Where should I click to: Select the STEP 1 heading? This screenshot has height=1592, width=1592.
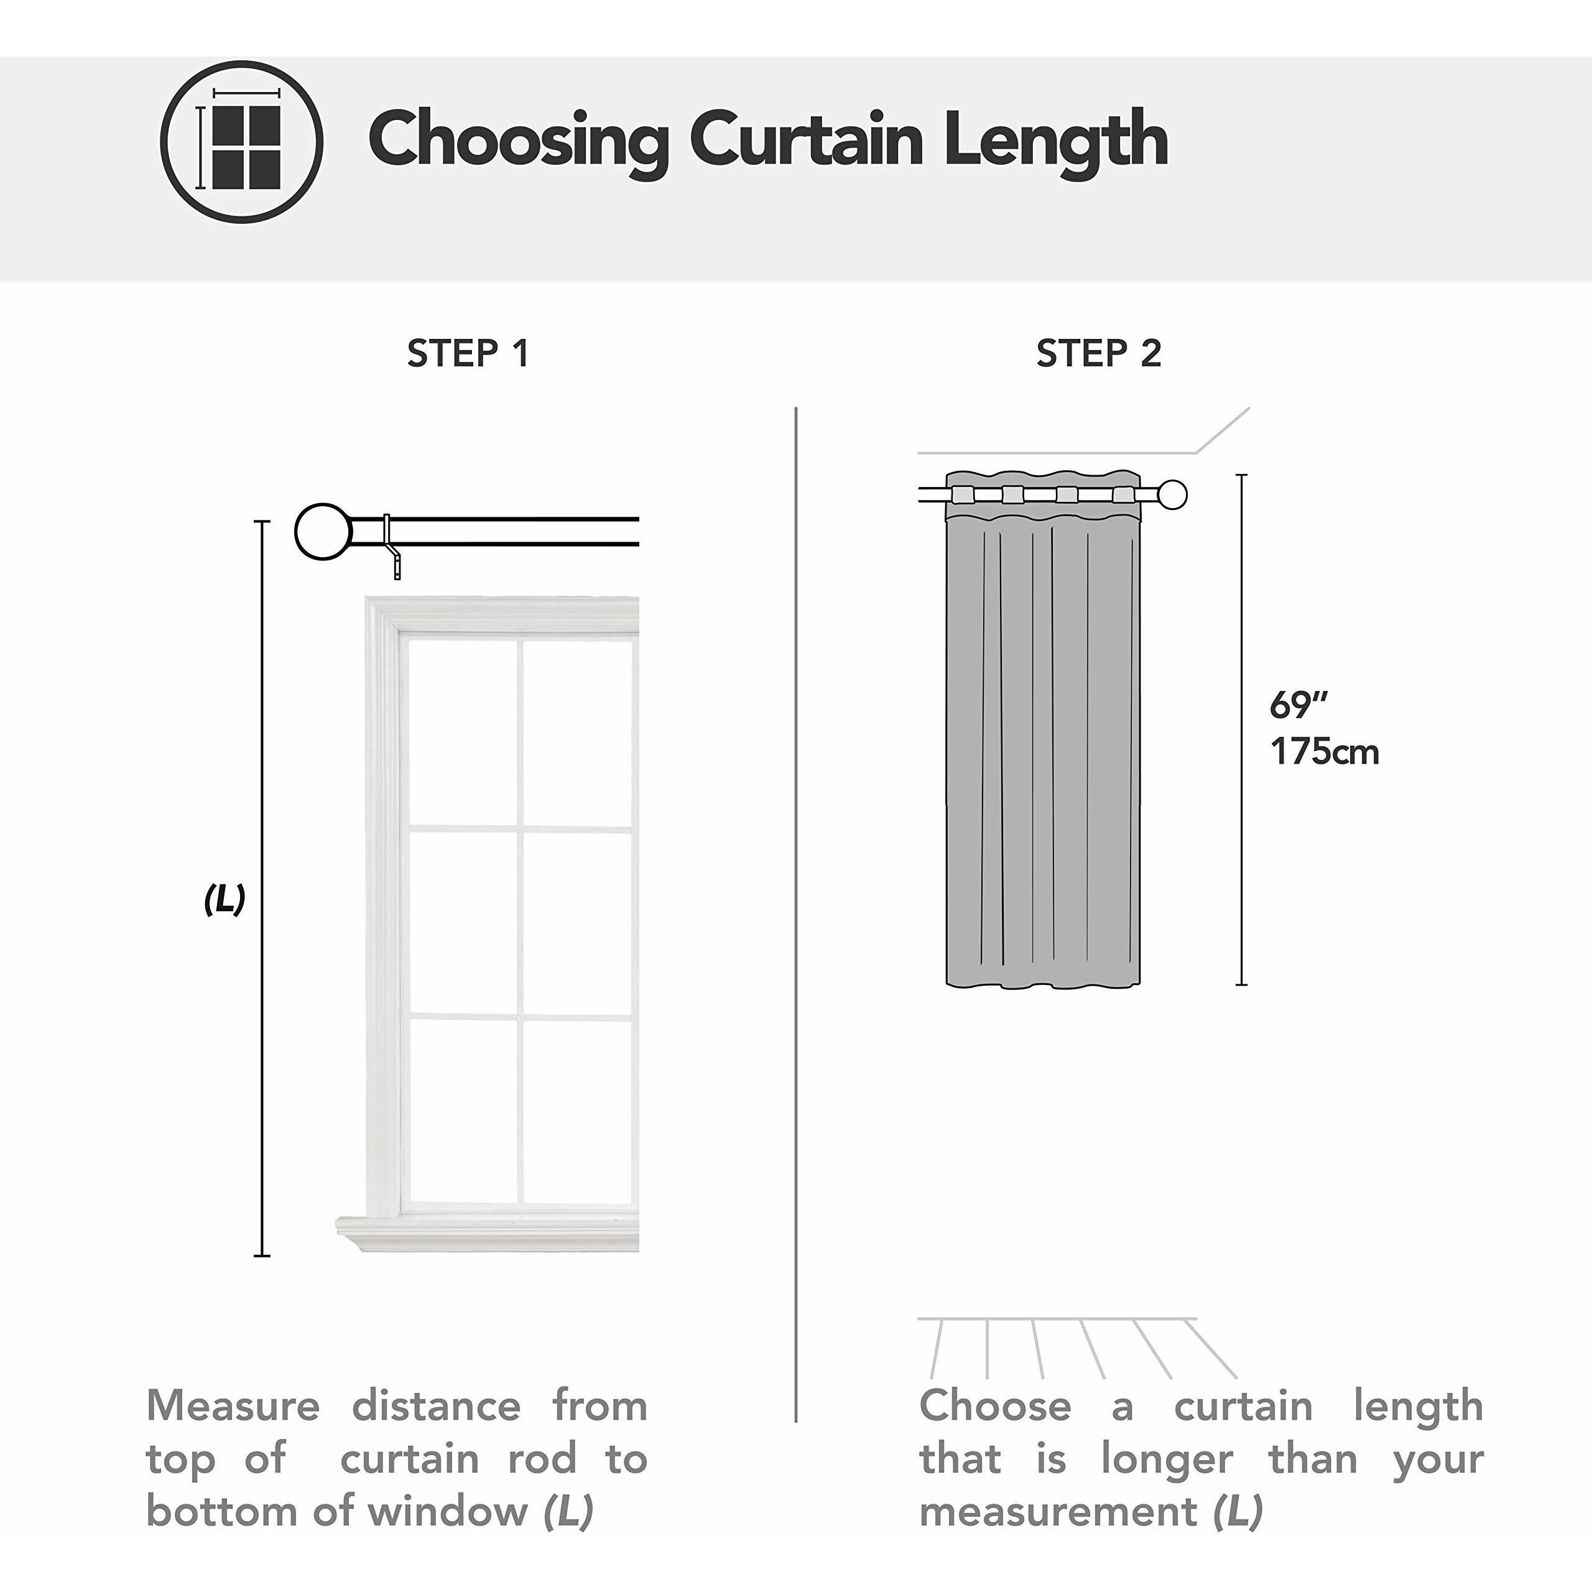tap(468, 353)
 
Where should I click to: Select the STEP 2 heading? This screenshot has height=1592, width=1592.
tap(1098, 353)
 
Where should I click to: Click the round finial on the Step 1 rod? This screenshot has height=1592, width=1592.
tap(323, 532)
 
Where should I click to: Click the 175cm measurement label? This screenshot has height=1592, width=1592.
tap(1324, 751)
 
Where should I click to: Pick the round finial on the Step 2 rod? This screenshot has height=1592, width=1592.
tap(1173, 495)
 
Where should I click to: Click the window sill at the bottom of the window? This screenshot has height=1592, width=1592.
tap(486, 1234)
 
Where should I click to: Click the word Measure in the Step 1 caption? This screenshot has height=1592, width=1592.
tap(233, 1406)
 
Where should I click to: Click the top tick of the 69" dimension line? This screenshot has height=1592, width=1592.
tap(1242, 476)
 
